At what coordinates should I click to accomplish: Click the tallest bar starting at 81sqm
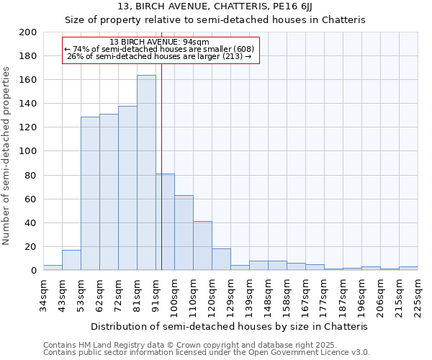[x=146, y=173]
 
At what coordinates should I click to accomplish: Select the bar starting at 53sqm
[x=90, y=194]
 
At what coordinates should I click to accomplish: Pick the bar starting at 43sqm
[x=71, y=260]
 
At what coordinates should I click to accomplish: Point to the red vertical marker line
[x=161, y=166]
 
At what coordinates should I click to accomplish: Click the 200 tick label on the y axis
[x=28, y=32]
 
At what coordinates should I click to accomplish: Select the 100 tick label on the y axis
[x=28, y=151]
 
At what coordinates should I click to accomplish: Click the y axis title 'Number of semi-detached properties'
[x=7, y=156]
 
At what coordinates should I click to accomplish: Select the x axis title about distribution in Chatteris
[x=230, y=326]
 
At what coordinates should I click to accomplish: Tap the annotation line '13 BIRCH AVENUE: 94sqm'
[x=160, y=42]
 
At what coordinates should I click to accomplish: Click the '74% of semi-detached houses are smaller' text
[x=160, y=49]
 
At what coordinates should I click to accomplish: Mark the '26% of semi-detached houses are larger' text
[x=160, y=56]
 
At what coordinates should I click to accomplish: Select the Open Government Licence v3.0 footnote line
[x=206, y=352]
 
